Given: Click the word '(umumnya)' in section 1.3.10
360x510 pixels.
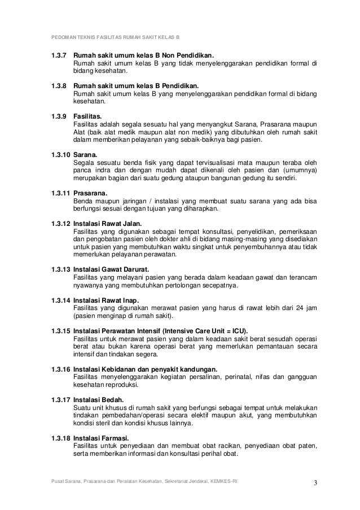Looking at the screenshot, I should [x=299, y=169].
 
